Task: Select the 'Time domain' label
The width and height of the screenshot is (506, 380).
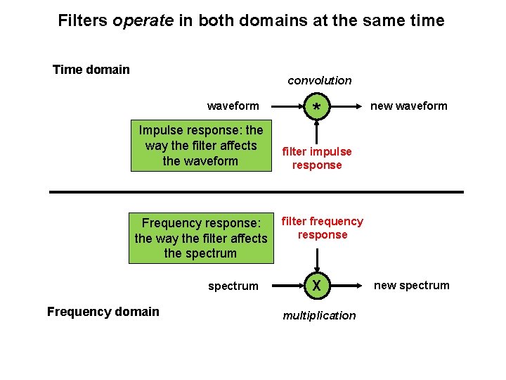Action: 91,69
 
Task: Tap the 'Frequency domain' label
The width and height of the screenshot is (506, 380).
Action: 103,312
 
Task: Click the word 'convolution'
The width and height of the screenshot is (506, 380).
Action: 319,80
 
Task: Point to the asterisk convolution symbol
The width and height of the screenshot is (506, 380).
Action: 318,107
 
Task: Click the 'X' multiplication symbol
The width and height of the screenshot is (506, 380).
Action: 317,286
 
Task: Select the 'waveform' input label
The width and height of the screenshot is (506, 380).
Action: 233,106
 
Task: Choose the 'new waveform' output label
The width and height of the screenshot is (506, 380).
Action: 408,106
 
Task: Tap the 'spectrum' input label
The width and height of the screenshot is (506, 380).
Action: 233,286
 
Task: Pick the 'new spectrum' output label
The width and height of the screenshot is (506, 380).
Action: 411,285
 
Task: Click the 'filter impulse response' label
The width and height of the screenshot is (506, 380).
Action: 317,158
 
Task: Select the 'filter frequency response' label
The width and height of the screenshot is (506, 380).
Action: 322,228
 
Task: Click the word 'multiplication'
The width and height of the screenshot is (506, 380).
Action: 319,315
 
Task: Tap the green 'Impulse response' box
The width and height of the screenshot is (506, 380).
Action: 200,146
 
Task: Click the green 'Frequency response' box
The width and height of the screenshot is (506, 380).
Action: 200,238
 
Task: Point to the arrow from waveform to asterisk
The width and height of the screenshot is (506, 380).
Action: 289,106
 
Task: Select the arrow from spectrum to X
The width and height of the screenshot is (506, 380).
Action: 289,286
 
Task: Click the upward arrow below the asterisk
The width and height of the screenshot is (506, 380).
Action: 318,132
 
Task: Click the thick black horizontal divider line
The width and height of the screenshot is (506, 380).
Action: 257,191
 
